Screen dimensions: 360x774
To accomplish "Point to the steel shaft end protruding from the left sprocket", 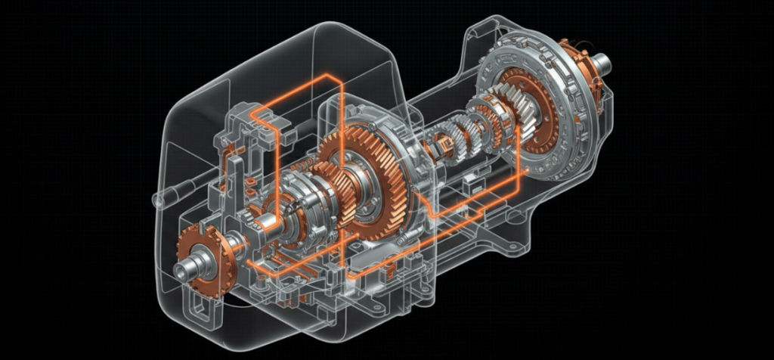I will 183,271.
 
